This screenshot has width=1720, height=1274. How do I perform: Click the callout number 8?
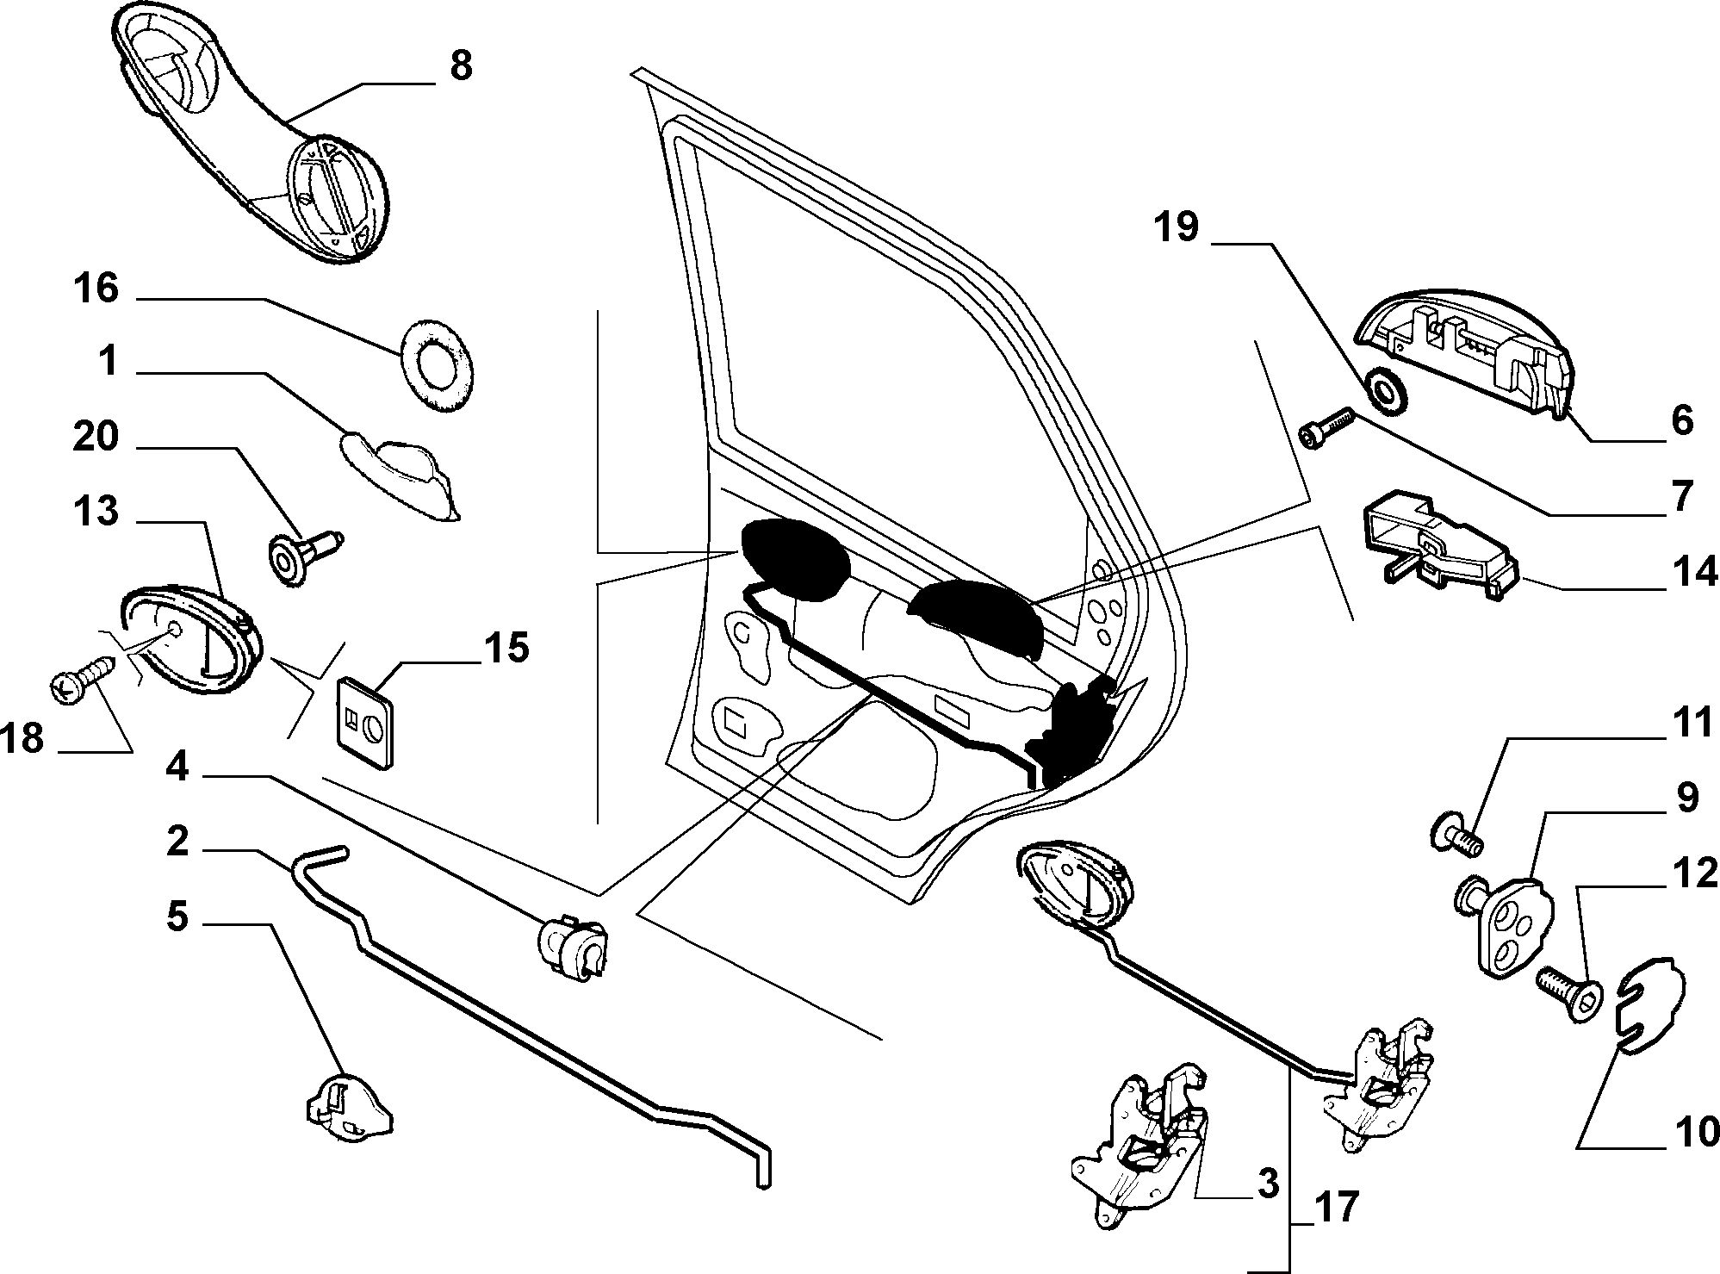point(461,65)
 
